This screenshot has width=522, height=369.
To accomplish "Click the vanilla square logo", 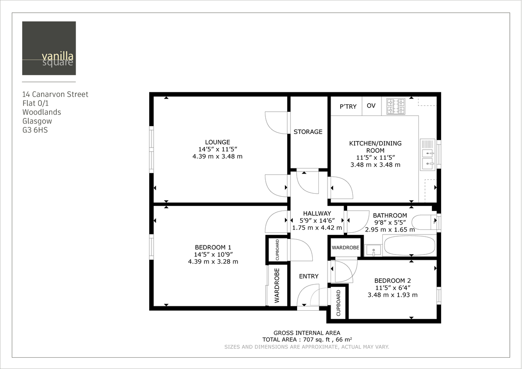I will (x=49, y=48).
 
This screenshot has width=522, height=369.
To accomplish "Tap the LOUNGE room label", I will (x=217, y=142).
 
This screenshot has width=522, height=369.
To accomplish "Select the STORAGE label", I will (x=308, y=132).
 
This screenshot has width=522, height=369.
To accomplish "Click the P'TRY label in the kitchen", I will (x=348, y=107).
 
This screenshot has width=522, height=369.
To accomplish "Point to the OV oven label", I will (x=371, y=106).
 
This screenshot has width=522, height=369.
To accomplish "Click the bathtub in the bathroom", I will (x=409, y=246).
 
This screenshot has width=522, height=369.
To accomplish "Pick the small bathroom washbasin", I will (x=373, y=250).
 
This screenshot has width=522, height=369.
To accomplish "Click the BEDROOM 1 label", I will (x=213, y=247).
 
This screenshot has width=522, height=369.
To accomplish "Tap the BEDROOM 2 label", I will (x=392, y=281).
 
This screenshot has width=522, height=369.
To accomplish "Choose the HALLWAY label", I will (x=317, y=213).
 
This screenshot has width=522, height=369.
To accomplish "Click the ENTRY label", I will (x=308, y=276).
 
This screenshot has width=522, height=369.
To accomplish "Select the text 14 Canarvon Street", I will (x=55, y=94).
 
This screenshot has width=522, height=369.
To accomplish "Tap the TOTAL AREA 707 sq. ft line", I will (x=307, y=339).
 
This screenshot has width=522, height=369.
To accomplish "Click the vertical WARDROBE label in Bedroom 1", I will (x=277, y=285).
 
